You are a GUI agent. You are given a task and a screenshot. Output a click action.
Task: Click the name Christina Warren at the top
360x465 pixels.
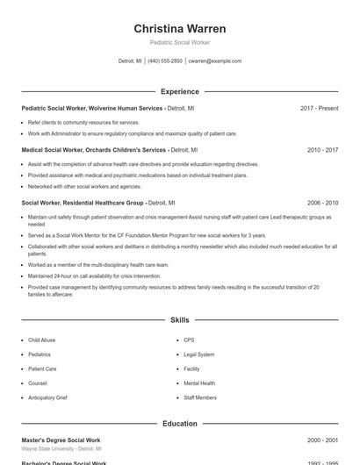[x=179, y=29]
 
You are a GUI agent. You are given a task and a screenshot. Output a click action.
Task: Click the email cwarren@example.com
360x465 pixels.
[x=214, y=61]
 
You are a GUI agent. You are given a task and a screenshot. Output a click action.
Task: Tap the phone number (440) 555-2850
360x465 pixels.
[x=165, y=61]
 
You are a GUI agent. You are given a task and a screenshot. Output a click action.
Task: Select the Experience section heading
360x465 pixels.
[x=179, y=91]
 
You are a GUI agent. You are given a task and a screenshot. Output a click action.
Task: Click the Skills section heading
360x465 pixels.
[x=179, y=321]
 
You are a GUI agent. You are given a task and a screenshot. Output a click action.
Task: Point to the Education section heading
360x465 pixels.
[x=179, y=424]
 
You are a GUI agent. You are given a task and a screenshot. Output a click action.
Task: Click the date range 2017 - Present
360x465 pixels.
[x=319, y=108]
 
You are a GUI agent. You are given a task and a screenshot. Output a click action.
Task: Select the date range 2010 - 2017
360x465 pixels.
[x=322, y=150]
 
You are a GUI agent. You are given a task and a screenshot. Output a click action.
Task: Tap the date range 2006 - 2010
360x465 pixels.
[x=322, y=203]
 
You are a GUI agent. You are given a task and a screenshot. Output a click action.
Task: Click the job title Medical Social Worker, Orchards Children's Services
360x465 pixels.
[x=94, y=150]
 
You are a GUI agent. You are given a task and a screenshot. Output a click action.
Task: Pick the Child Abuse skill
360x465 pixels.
[x=41, y=340]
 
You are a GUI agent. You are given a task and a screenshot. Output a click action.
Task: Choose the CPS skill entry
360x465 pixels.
[x=189, y=340]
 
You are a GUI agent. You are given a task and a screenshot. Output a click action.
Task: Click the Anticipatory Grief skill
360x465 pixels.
[x=47, y=397]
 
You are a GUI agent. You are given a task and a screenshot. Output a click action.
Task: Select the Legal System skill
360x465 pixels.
[x=198, y=354]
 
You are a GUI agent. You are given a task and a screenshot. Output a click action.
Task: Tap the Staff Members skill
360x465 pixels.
[x=200, y=397]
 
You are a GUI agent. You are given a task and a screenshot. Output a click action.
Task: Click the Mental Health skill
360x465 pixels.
[x=199, y=383]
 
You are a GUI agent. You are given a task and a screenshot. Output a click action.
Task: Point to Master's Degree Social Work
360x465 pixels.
[x=61, y=440]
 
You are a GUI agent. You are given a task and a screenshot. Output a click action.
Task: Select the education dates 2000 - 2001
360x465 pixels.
[x=322, y=440]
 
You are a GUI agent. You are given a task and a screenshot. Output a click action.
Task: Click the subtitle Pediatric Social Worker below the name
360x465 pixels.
[x=179, y=42]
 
